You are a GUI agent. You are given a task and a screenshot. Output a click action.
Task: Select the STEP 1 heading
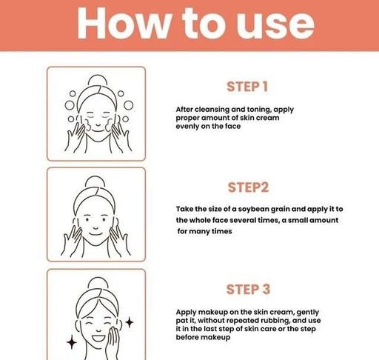click(x=247, y=87)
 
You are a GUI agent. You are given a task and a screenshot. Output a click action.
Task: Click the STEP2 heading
click(x=248, y=187)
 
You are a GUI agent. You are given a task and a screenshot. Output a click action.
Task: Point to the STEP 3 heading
click(x=248, y=290)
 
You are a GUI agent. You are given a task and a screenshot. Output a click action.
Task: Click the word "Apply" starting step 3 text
click(x=186, y=313)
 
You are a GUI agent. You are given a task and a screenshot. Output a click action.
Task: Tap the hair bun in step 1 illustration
click(x=98, y=80)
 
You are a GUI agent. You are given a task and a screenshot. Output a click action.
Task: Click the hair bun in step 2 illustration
click(x=95, y=181)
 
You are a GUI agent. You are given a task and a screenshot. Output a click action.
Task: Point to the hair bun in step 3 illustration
click(x=98, y=283)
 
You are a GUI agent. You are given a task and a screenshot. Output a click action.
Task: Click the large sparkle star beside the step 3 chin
click(x=72, y=342)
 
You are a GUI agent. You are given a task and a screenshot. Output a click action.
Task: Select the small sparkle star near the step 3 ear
click(x=130, y=322)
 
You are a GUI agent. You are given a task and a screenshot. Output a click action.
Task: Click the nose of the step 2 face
click(x=95, y=227)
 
